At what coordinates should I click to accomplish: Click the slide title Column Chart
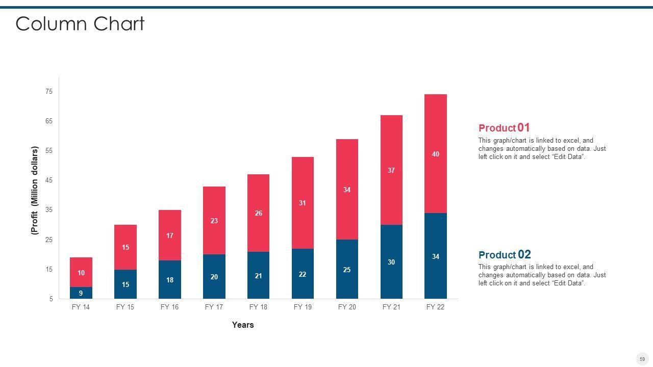click(80, 24)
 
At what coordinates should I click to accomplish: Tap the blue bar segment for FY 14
click(81, 293)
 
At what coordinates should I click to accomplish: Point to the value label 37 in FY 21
click(391, 170)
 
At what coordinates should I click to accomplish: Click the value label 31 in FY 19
click(303, 203)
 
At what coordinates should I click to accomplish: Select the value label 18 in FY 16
click(170, 280)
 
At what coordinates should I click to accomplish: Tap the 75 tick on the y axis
click(49, 92)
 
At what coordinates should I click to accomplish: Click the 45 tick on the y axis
click(49, 180)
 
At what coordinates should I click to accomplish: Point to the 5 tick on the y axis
click(51, 299)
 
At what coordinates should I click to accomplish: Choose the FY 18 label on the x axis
click(258, 307)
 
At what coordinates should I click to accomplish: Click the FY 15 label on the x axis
click(125, 307)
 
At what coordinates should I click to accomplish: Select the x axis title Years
click(243, 325)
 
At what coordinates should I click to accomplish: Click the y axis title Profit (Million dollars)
click(35, 190)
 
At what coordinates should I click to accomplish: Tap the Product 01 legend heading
click(504, 128)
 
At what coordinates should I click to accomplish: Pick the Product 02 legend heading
click(505, 255)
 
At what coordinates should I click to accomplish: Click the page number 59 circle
click(642, 359)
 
